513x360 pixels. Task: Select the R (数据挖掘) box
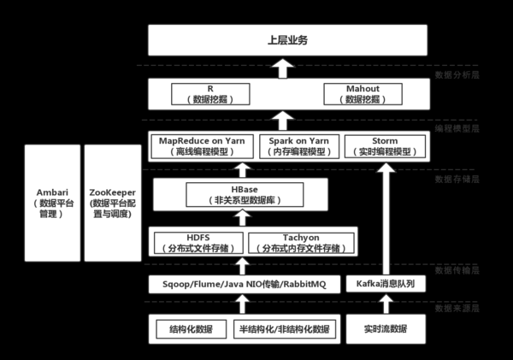[210, 94]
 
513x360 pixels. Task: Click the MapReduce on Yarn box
[203, 146]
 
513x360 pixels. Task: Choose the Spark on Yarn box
[298, 146]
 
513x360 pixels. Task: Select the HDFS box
[197, 243]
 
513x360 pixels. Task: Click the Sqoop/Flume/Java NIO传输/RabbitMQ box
[242, 284]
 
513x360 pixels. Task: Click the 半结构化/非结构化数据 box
[282, 329]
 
